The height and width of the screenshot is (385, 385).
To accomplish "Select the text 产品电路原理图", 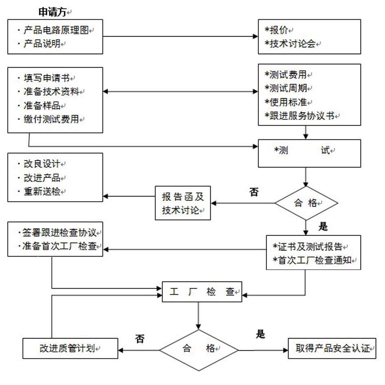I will point(56,30).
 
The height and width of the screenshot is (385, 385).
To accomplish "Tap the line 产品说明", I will point(45,44).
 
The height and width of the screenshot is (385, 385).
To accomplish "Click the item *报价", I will point(279,30).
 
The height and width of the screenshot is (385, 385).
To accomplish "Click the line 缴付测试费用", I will point(52,119).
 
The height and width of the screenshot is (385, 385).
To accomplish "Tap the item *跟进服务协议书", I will point(302,116).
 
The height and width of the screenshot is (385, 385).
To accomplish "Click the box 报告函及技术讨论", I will point(183,203).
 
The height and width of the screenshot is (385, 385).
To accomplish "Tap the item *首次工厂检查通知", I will point(314,260).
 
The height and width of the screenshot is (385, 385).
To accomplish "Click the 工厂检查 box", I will point(202,292).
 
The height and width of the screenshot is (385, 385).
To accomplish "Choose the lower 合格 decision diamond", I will point(198,349).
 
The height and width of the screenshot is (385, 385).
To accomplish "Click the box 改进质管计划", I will point(70,349).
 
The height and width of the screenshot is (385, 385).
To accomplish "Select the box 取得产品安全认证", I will point(332,349).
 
